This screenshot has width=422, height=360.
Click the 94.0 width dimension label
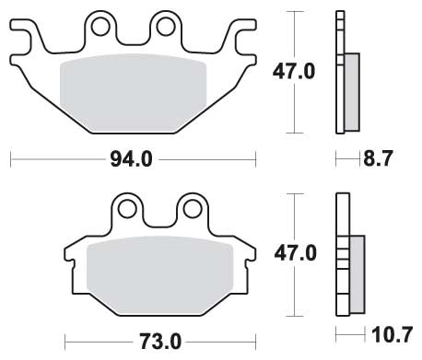(131, 159)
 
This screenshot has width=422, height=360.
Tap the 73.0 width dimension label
(160, 342)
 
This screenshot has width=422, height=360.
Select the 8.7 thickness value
(378, 158)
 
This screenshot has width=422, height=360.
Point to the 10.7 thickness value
(392, 335)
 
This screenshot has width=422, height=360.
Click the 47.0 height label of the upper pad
(294, 72)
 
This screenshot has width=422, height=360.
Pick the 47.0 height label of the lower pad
(295, 253)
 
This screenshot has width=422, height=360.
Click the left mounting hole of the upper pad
(100, 27)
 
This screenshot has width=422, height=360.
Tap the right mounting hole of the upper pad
(166, 27)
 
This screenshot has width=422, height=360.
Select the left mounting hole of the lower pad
(127, 209)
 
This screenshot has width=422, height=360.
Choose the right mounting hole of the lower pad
(193, 209)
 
